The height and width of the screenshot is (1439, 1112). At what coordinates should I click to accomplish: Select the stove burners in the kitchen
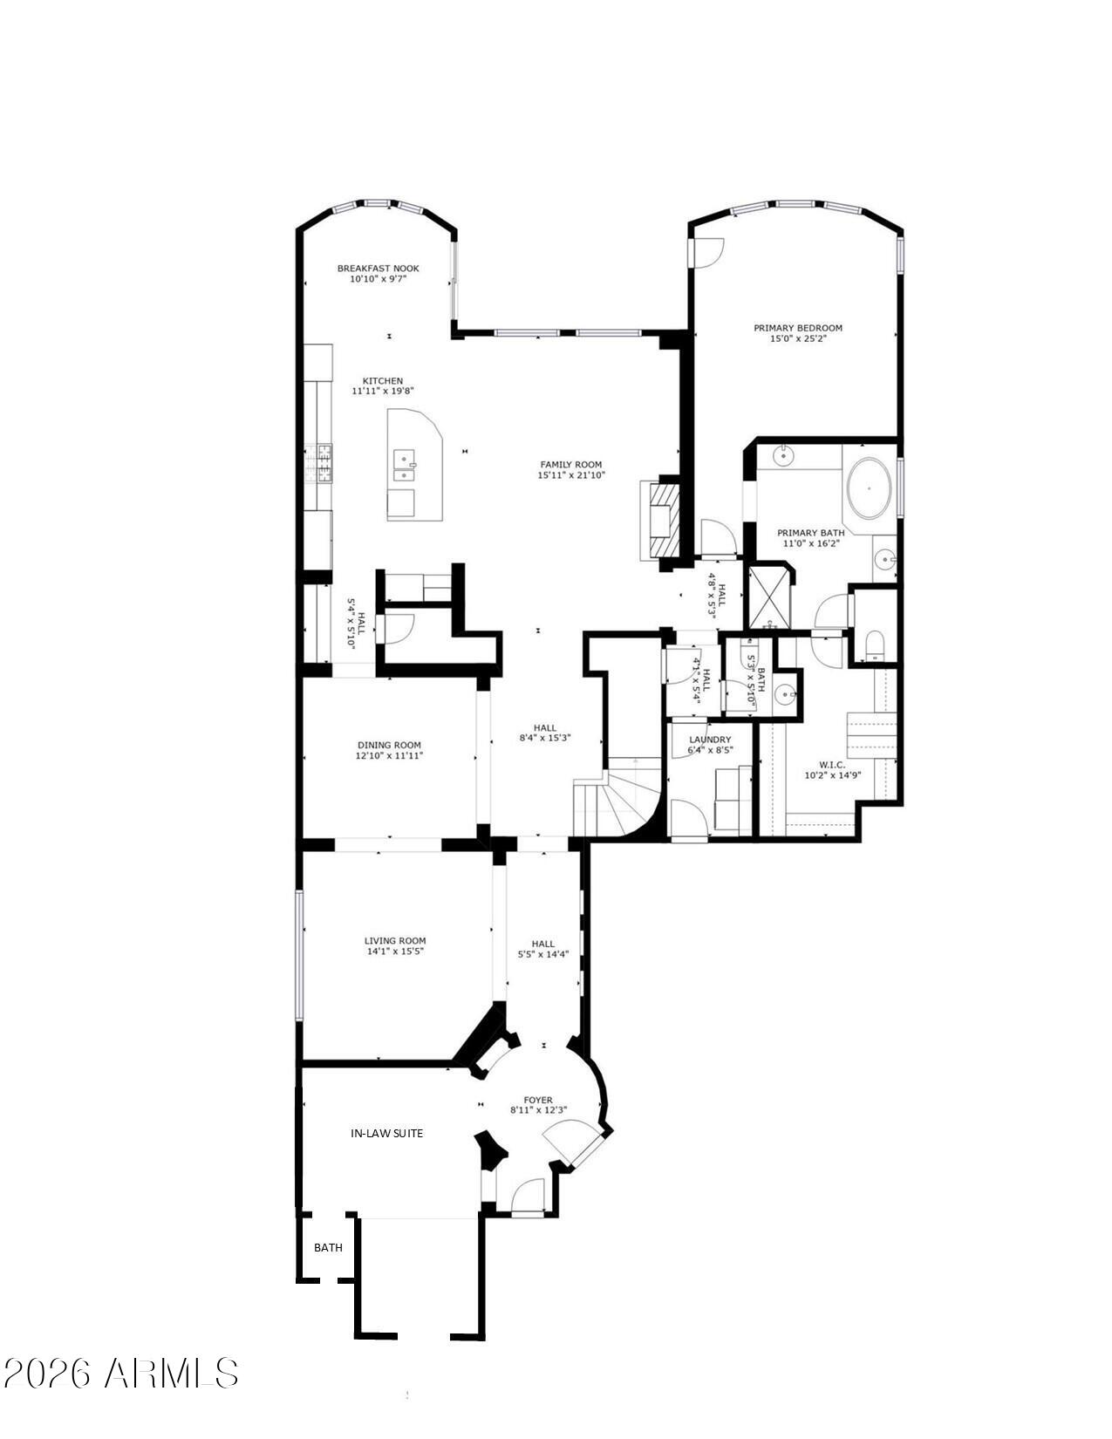322,463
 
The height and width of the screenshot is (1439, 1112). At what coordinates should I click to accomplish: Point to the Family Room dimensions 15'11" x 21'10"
570,475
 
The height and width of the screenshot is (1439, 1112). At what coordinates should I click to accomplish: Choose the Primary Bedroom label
797,328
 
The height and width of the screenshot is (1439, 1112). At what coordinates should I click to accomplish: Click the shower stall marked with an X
768,597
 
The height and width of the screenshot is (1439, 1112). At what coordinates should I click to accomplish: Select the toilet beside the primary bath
875,645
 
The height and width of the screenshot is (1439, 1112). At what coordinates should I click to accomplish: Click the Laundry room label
709,740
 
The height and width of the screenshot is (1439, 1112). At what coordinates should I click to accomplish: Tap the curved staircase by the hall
619,798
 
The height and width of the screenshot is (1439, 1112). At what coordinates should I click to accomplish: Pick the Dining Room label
388,745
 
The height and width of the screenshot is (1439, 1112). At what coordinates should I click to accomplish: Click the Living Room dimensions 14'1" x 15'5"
395,951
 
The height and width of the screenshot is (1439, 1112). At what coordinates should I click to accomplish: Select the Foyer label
538,1100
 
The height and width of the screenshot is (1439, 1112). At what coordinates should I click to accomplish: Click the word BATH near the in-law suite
328,1247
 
